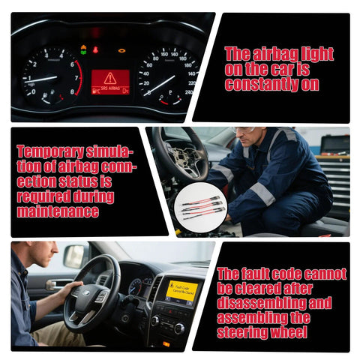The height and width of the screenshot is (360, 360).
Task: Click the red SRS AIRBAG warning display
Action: click(110, 81)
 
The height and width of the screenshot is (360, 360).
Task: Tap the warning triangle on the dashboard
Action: click(110, 77)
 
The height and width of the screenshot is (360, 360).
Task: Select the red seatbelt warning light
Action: click(95, 50)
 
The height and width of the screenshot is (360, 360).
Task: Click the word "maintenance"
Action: click(57, 211)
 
